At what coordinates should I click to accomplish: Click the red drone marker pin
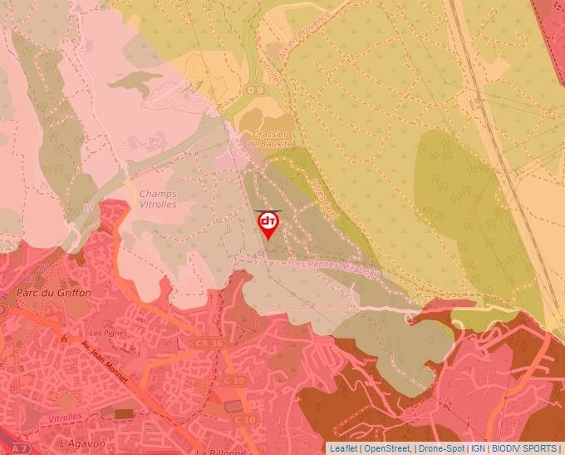tap(268, 224)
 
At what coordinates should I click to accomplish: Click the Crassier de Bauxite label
tap(272, 138)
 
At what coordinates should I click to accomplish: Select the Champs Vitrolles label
tap(157, 199)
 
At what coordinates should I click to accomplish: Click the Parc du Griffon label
tap(54, 294)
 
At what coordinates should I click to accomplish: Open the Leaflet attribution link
tap(343, 448)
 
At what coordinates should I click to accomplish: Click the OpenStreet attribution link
tap(387, 448)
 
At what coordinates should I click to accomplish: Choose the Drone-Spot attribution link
tap(441, 448)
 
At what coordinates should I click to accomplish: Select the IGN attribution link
tap(478, 448)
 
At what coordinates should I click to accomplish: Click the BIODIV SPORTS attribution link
tap(524, 448)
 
